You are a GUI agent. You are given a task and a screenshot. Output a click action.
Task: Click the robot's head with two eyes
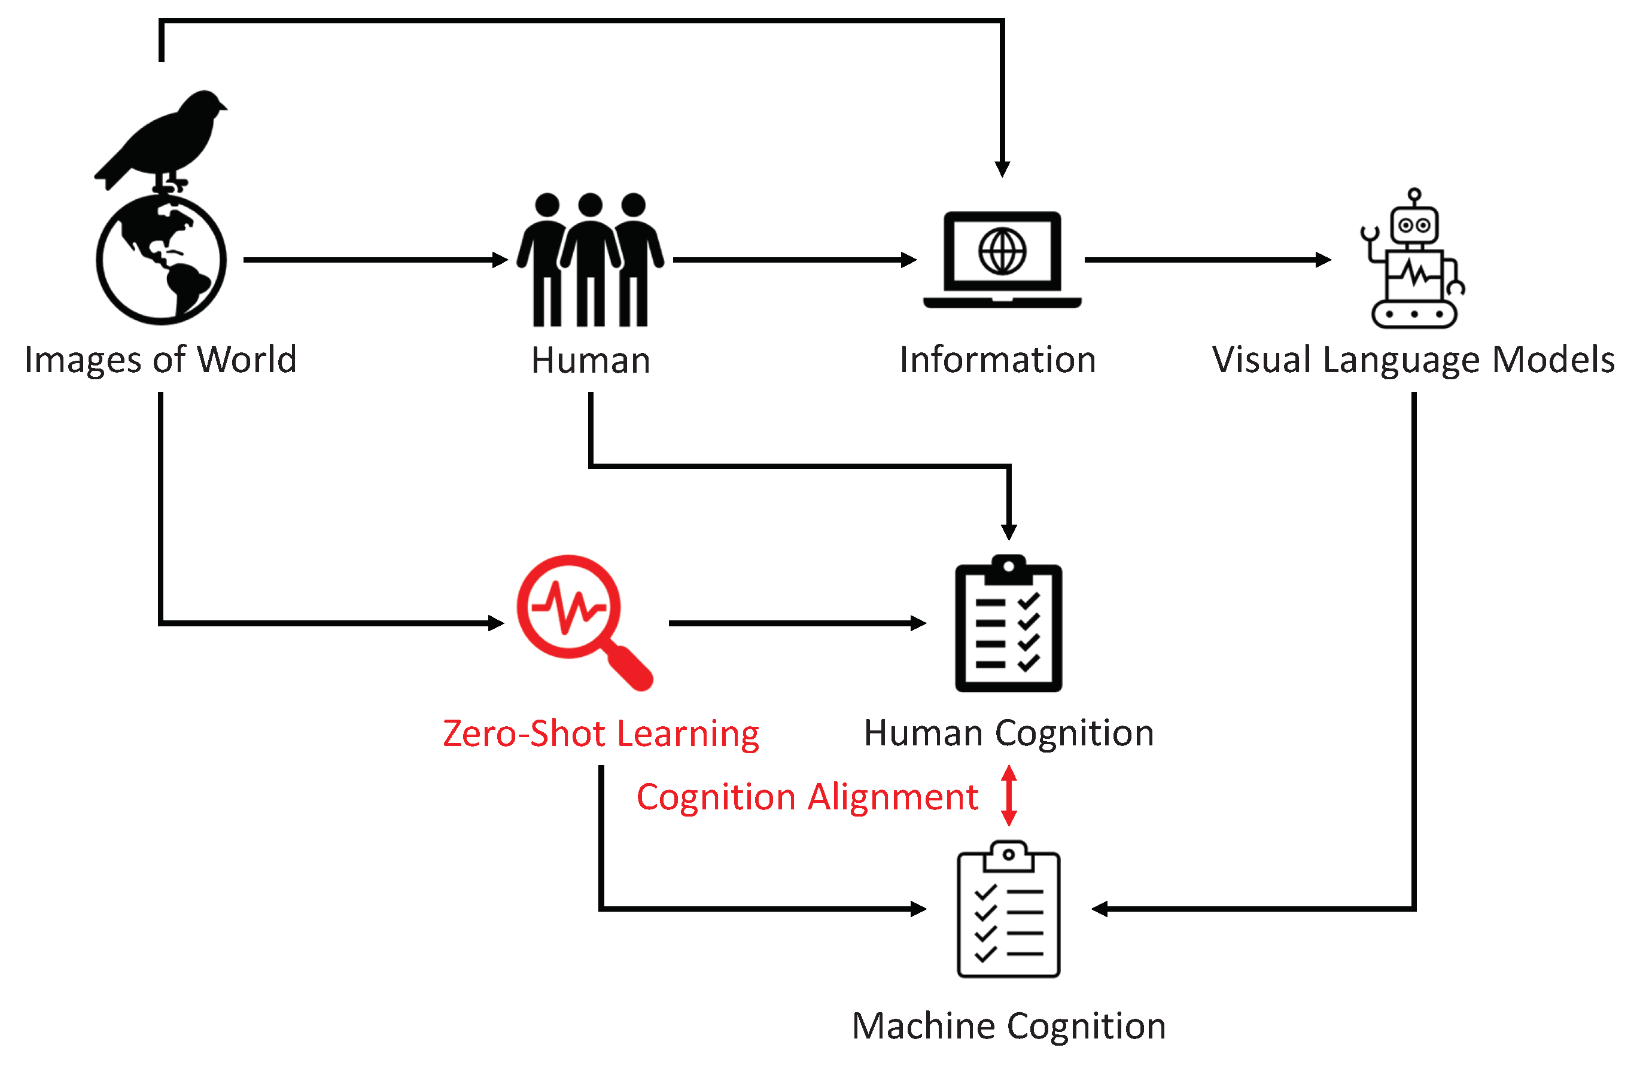(1414, 225)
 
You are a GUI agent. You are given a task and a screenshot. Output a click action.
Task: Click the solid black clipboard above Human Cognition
(1009, 625)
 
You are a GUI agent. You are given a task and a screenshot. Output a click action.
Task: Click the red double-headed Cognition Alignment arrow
(1009, 795)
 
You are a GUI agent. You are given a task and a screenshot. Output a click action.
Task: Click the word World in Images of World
(247, 360)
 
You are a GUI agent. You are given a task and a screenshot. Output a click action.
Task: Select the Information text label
(997, 360)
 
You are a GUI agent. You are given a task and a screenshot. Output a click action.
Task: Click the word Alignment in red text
(893, 797)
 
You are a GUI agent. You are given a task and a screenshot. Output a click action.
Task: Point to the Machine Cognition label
(1009, 1026)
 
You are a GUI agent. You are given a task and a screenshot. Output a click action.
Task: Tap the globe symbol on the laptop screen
(1002, 251)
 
